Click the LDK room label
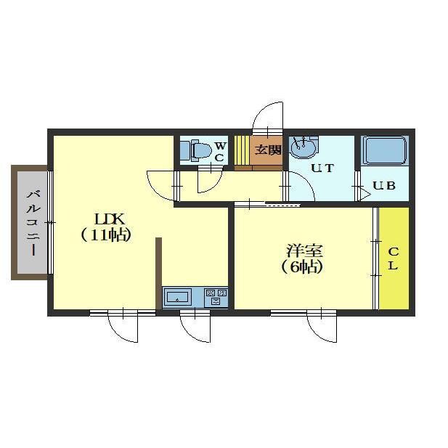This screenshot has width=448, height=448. (110, 219)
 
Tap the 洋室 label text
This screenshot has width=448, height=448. (304, 251)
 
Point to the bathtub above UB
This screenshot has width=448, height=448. (385, 150)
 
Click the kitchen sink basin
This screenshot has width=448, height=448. (177, 297)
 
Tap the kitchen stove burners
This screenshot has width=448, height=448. (216, 296)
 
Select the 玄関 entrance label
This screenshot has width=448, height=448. (268, 150)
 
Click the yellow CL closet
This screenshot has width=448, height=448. (394, 258)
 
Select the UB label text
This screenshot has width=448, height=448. (384, 186)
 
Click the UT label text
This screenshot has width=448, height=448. (322, 168)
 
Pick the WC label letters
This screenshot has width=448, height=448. (220, 152)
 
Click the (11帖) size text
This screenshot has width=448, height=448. (106, 235)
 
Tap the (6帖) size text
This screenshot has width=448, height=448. (302, 267)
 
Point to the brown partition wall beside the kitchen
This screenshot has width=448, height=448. (159, 273)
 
